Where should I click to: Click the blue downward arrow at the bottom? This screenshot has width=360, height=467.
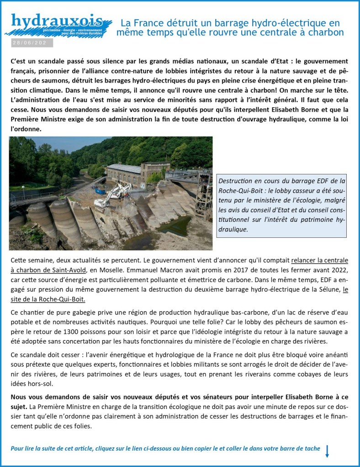(x=327, y=451)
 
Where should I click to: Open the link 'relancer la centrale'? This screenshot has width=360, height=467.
(x=319, y=261)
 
